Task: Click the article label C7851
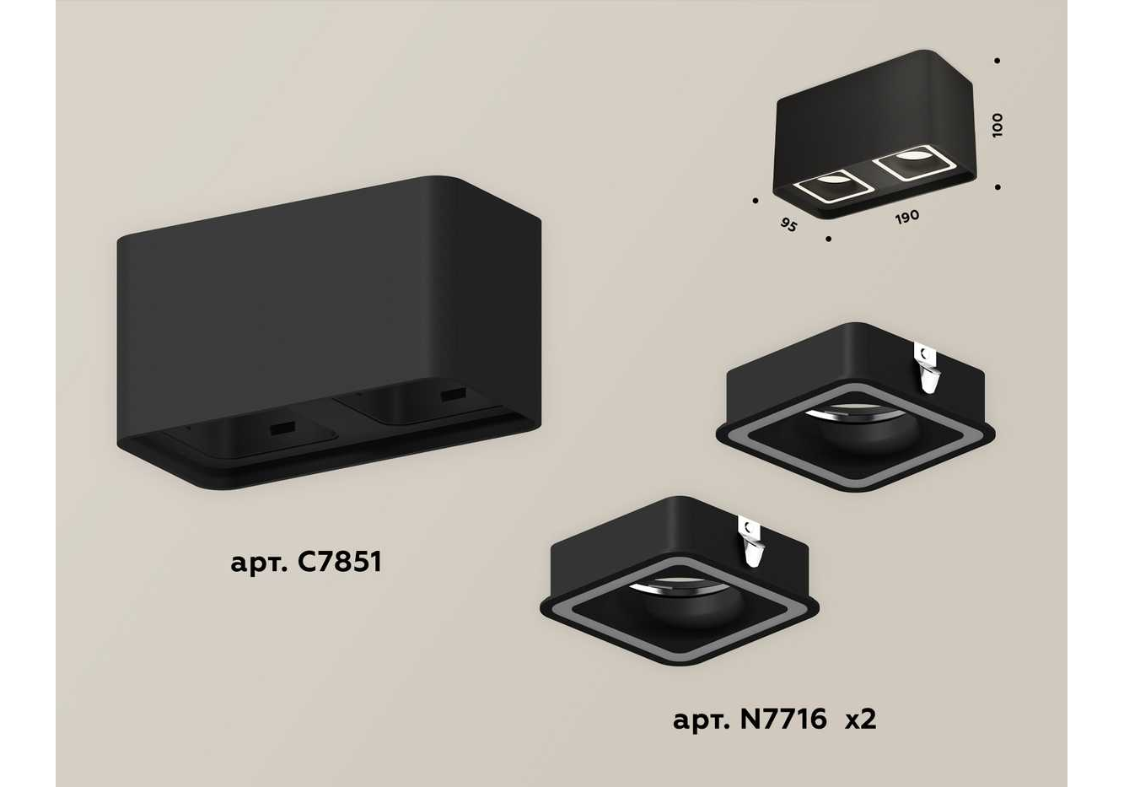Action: coord(305,563)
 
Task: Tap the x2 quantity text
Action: coord(861,720)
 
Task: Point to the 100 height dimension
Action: coord(997,125)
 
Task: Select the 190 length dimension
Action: coord(907,217)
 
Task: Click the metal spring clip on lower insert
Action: coord(750,543)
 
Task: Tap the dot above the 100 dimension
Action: coord(997,61)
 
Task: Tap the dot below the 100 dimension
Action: coord(998,187)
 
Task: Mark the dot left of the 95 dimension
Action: coord(756,201)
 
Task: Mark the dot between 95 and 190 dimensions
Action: coord(828,240)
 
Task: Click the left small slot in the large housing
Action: coord(282,429)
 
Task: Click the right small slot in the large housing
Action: coord(453,395)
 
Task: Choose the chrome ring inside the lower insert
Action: coord(677,585)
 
